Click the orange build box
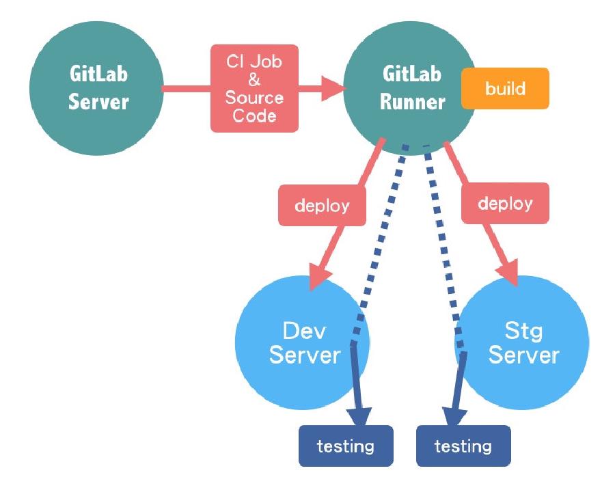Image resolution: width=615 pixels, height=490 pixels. coord(505,89)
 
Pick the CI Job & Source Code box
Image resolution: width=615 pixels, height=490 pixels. coord(254,89)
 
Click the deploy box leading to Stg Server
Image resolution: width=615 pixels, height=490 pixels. coord(506,204)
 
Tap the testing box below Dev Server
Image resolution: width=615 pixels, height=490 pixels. coord(346,446)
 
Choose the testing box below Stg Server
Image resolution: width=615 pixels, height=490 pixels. coord(463,446)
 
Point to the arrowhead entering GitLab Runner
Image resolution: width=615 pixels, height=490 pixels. coord(332,87)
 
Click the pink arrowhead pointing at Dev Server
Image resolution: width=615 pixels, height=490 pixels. coord(319,275)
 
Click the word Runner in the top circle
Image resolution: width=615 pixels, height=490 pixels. coord(412,102)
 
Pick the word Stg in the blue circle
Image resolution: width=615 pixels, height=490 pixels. coord(524,331)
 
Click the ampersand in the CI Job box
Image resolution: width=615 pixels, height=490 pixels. coord(254,79)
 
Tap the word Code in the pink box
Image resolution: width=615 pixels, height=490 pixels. coord(254,115)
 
